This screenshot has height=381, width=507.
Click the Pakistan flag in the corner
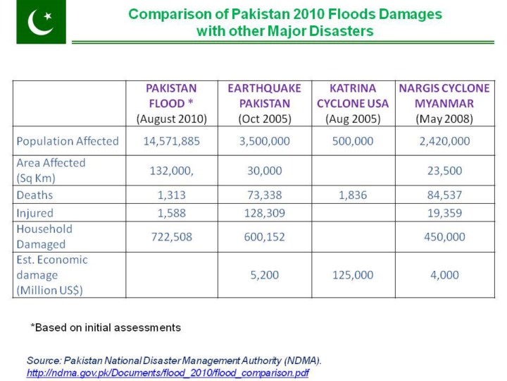[x=40, y=23]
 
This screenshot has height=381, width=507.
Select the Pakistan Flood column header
[x=171, y=103]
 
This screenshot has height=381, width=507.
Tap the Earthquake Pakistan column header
[x=264, y=103]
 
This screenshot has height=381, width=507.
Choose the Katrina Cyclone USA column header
[x=353, y=103]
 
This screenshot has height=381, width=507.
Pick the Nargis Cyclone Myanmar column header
[x=444, y=103]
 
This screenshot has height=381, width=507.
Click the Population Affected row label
[x=68, y=141]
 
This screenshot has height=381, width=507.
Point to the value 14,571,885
[x=171, y=141]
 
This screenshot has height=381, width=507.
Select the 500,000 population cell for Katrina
[x=353, y=141]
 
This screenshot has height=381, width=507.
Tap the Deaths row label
[x=35, y=195]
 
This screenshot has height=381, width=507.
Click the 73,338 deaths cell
[x=264, y=195]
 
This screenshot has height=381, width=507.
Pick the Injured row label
[x=35, y=212]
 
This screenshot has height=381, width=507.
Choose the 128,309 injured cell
[x=264, y=212]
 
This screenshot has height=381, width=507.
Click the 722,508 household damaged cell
[x=171, y=237]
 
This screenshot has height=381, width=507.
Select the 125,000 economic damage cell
[x=353, y=275]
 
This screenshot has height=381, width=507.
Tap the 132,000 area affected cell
[x=171, y=170]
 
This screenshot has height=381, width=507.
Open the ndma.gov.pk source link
[x=168, y=373]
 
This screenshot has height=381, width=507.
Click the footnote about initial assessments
[x=106, y=327]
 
